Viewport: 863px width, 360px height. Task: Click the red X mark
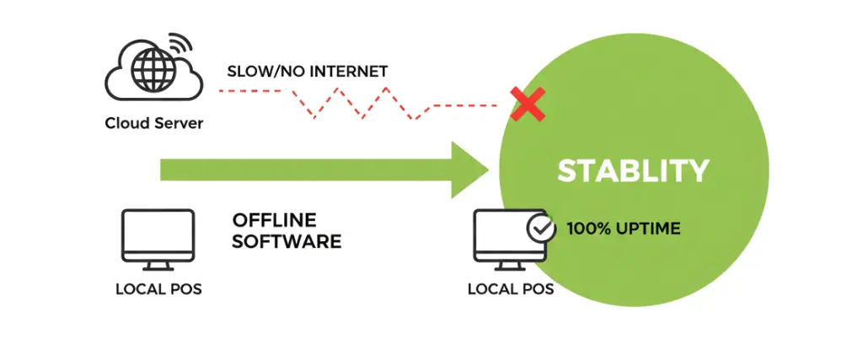(x=528, y=105)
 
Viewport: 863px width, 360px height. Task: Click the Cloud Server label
(x=154, y=123)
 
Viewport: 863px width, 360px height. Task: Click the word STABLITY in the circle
(x=633, y=170)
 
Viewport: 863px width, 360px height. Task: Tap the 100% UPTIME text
(x=623, y=228)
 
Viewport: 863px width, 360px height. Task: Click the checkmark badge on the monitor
(x=539, y=228)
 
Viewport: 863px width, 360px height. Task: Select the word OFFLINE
(x=274, y=220)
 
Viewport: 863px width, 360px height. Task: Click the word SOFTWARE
(x=287, y=241)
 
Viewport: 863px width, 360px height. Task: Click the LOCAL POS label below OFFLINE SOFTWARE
(x=158, y=290)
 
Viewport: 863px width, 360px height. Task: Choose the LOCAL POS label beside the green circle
(x=511, y=289)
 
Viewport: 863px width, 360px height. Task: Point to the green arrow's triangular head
(x=469, y=170)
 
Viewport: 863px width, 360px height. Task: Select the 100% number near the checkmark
(x=584, y=228)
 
